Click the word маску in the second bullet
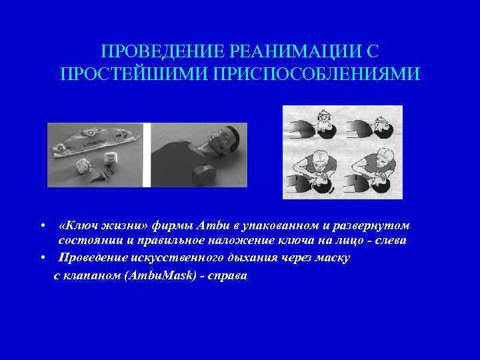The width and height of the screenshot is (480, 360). click(x=329, y=257)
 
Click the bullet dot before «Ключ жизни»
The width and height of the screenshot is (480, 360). click(x=42, y=226)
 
